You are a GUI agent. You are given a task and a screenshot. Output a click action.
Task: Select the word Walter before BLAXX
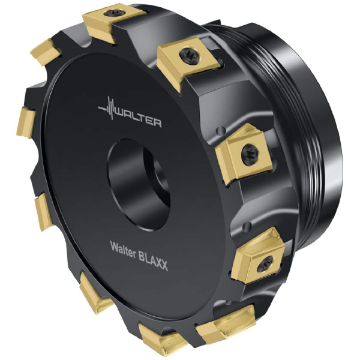[x=123, y=249]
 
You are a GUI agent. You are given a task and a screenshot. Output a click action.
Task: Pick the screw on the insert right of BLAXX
[x=265, y=264]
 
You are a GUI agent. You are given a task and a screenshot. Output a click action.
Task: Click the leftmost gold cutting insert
[x=26, y=122]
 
